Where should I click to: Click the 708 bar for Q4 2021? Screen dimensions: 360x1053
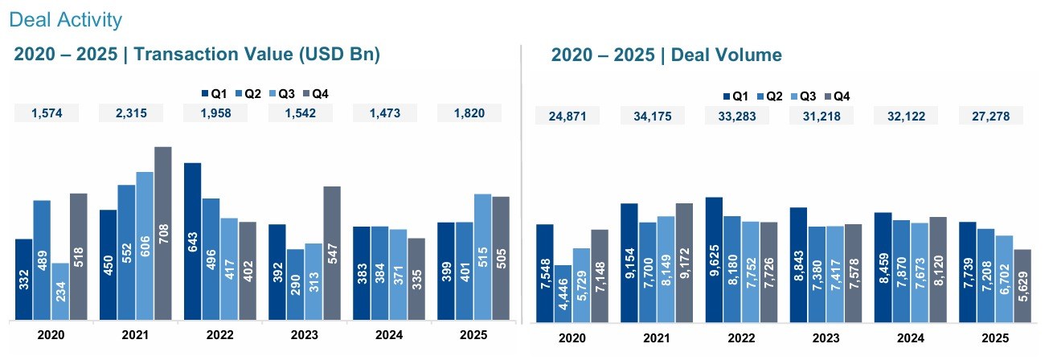163,233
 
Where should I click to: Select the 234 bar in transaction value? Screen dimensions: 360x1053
60,291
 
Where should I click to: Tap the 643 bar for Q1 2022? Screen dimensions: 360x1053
193,241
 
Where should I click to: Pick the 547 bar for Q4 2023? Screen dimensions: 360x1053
332,253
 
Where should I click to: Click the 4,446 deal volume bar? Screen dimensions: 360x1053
563,292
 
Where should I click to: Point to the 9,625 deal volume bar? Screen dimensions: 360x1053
714,259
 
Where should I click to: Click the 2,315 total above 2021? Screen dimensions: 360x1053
130,113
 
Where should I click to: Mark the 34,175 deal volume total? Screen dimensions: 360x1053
652,116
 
